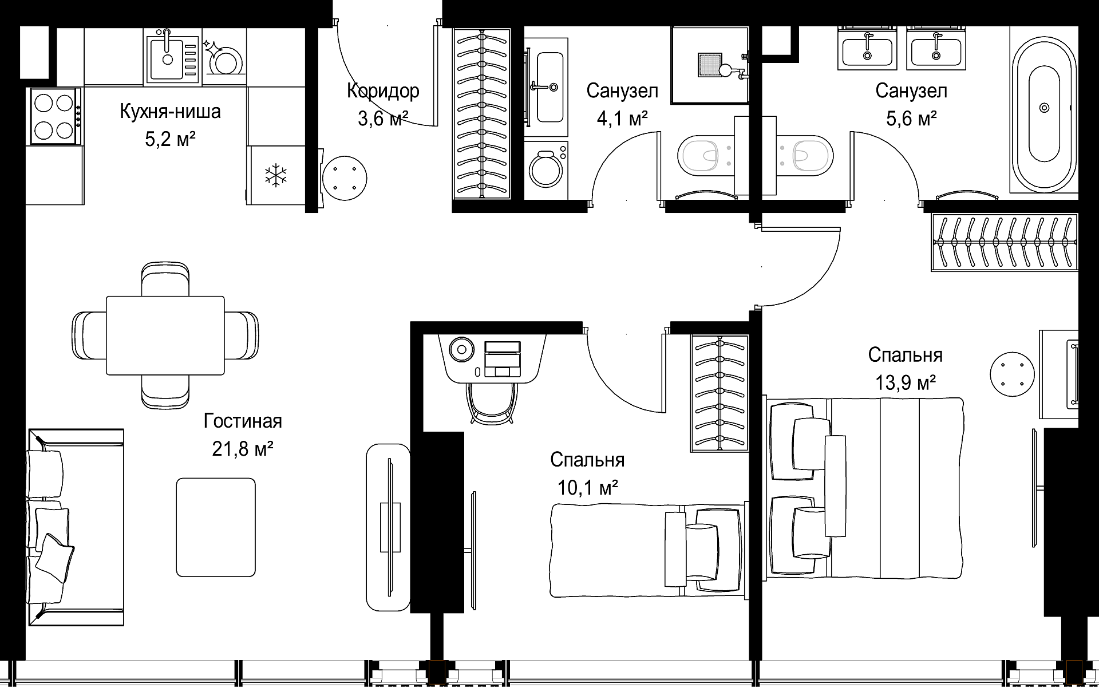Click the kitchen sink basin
pos(167,58)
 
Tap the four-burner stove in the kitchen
pos(54,117)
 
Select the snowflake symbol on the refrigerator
pos(275,175)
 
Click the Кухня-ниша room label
pos(170,111)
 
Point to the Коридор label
pos(383,90)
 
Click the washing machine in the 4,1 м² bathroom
pos(546,171)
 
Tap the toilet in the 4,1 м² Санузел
pos(706,155)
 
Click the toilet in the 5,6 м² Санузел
pos(805,155)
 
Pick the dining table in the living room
pos(165,335)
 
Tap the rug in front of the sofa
pos(216,527)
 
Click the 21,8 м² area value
pos(242,448)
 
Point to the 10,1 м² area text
pos(587,488)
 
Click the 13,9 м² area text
pos(906,381)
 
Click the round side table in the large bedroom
pos(1013,374)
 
